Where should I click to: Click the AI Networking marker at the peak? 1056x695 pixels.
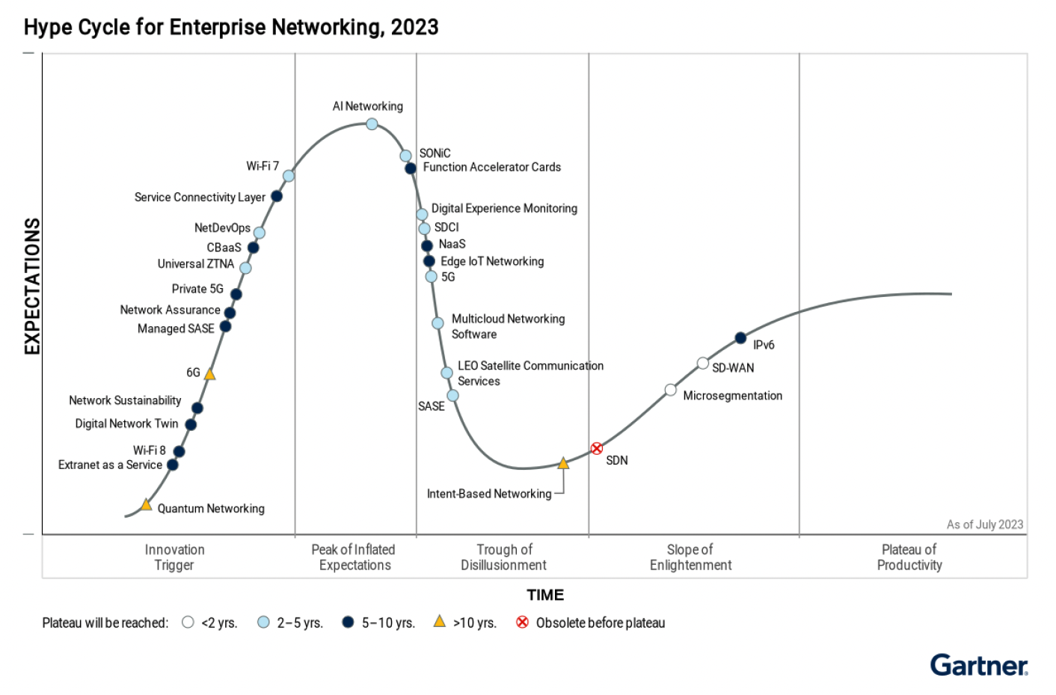(372, 123)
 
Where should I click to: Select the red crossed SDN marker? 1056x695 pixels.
(597, 449)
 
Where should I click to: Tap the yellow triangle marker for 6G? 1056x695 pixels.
(210, 374)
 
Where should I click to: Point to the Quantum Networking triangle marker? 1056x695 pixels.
(147, 505)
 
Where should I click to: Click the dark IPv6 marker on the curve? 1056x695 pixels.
(740, 338)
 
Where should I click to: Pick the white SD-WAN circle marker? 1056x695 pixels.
(703, 364)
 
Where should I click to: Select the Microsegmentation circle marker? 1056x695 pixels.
(671, 390)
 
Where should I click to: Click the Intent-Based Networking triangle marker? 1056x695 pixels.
(563, 464)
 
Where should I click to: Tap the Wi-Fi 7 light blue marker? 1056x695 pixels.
(289, 176)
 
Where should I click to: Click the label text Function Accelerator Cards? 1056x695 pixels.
(491, 168)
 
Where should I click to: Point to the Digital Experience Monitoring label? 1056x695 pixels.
(504, 209)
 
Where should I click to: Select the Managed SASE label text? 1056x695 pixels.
(176, 329)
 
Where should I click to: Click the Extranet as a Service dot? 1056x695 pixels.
(173, 465)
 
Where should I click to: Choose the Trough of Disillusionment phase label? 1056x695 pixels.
(503, 557)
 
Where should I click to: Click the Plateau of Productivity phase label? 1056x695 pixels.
(909, 557)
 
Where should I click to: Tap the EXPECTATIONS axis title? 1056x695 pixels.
(32, 287)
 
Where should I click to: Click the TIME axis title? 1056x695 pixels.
(544, 596)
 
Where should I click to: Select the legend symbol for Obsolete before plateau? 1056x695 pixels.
(523, 622)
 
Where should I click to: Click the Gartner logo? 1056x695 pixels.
(978, 665)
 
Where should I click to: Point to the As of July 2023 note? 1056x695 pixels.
(984, 524)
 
